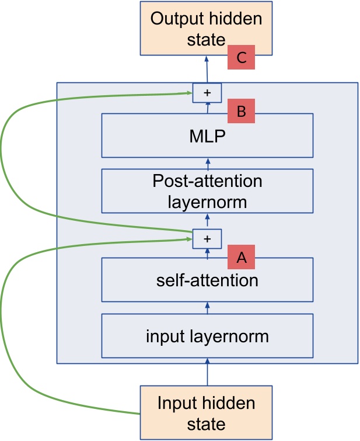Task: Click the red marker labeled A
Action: (x=242, y=257)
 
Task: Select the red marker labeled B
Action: (x=242, y=110)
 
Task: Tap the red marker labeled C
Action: (x=242, y=58)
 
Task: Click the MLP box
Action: (x=207, y=136)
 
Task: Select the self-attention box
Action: (x=207, y=280)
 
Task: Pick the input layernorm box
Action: (x=207, y=336)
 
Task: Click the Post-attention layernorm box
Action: (x=207, y=191)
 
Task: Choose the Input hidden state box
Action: (x=206, y=412)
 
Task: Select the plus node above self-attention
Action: (x=207, y=238)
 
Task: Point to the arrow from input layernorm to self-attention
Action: (x=207, y=308)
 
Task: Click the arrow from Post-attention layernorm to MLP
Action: (x=207, y=163)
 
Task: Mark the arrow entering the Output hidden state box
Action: (x=207, y=69)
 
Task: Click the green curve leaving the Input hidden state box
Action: (x=70, y=399)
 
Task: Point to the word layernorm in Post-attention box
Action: (x=207, y=202)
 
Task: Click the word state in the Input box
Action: (x=206, y=423)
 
